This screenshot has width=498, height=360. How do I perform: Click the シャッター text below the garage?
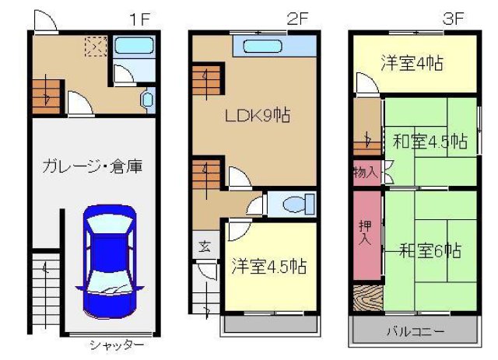116,344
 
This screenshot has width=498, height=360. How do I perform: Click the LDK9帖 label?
258,116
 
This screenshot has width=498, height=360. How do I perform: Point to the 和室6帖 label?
431,250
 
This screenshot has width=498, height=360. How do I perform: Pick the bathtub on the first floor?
134,45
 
